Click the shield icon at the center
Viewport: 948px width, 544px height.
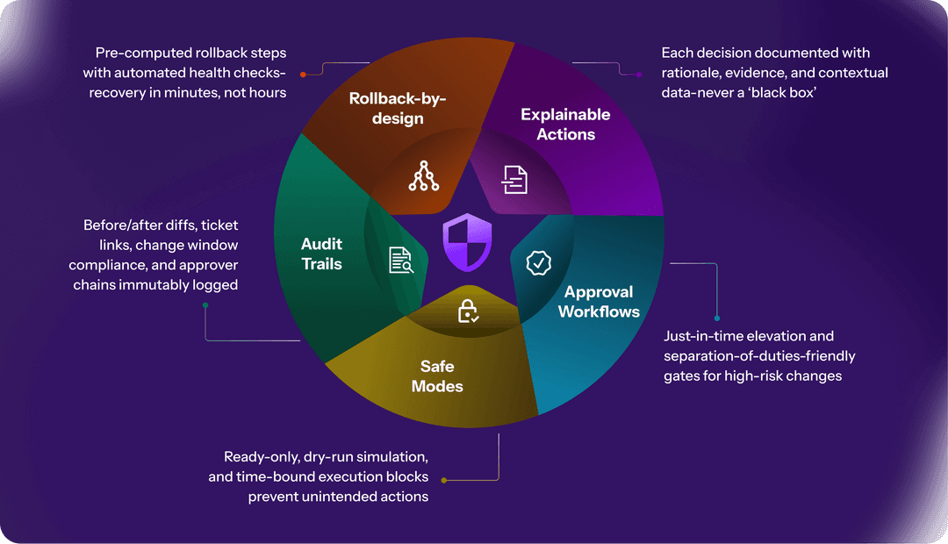pos(467,242)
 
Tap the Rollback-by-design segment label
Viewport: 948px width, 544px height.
pos(398,109)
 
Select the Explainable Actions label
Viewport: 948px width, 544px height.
pos(565,125)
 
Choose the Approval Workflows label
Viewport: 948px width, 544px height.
pos(599,302)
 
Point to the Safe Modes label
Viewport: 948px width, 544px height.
pos(437,376)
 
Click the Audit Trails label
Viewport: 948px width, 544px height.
pos(321,254)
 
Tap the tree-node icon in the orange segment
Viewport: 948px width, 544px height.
pos(424,177)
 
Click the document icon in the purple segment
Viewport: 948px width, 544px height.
pos(514,179)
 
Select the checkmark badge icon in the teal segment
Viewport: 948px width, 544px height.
pos(538,262)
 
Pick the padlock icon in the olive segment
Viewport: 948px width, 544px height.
pos(469,311)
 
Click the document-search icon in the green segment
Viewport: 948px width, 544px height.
pos(400,260)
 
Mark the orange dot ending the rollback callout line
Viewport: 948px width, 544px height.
pos(303,74)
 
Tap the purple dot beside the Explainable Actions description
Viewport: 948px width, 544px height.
pos(638,74)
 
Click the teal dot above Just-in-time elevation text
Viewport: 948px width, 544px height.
pos(717,318)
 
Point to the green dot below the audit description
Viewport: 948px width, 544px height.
pos(205,305)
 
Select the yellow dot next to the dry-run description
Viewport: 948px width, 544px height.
pos(443,480)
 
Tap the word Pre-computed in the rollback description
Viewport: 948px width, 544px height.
pos(127,54)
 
